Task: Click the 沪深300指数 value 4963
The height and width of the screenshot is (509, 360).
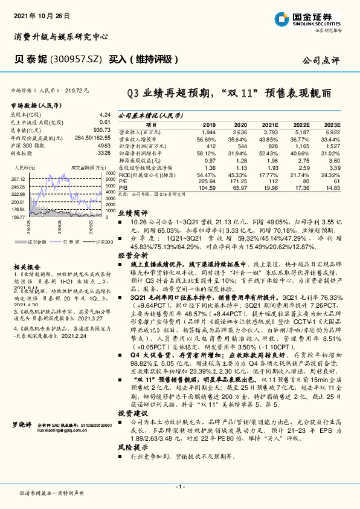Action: (104, 146)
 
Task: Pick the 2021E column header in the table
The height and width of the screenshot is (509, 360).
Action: (271, 124)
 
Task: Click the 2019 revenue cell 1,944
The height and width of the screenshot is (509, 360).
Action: (208, 131)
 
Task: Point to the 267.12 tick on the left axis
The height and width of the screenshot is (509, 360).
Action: (18, 180)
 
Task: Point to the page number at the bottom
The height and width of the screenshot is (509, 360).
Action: (180, 487)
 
